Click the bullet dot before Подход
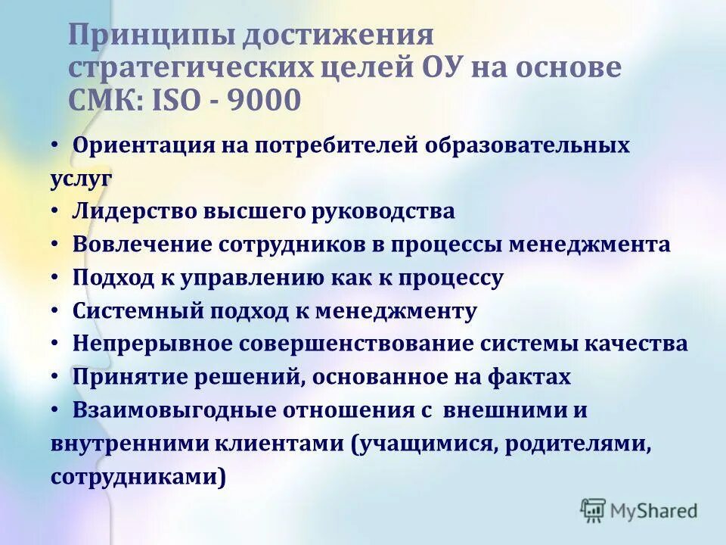(x=57, y=277)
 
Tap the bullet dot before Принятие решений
(x=57, y=376)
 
